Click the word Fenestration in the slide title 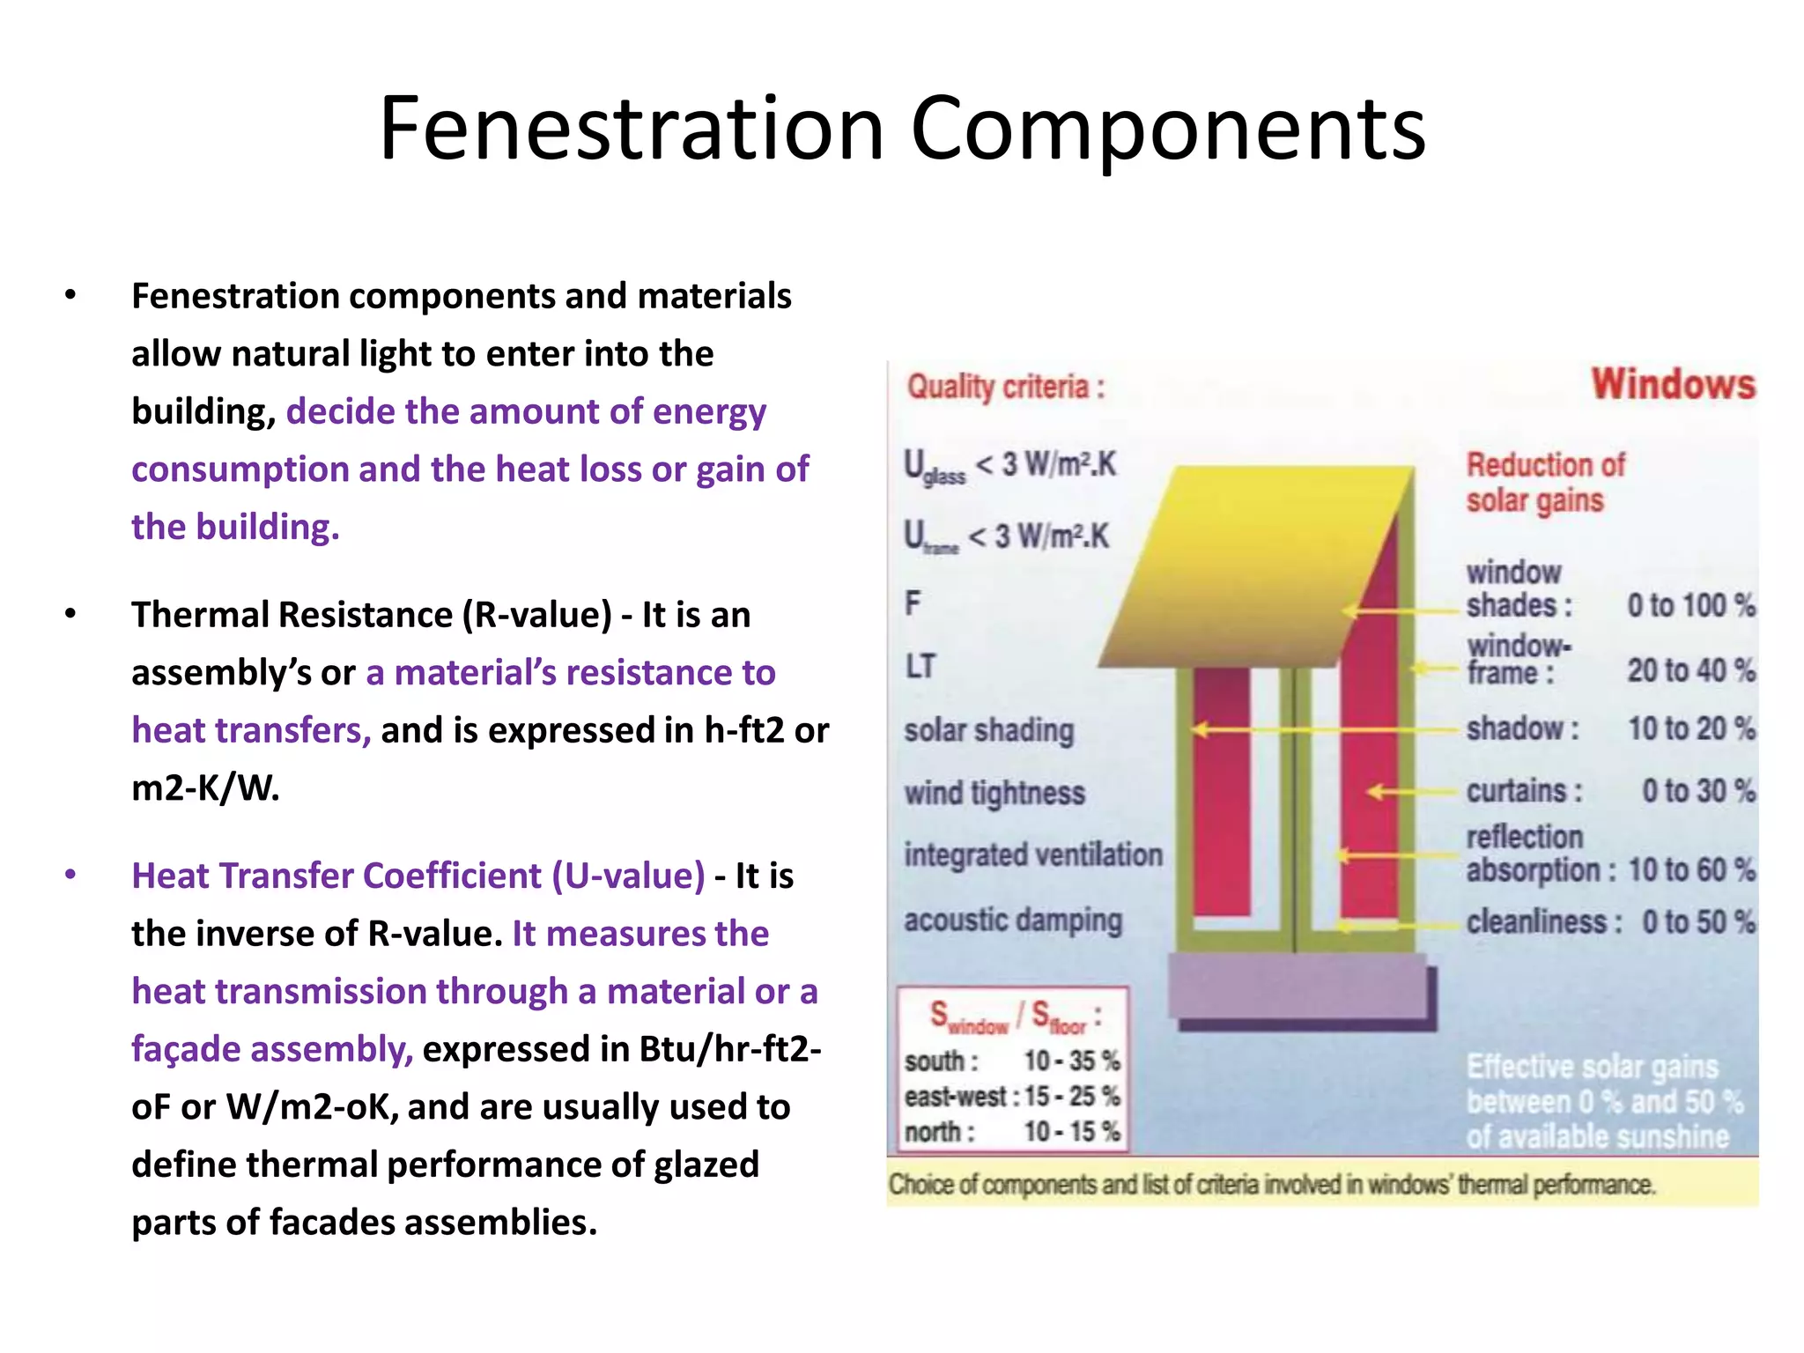631,129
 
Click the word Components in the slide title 1167,129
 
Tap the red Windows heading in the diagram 1672,385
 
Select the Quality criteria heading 1005,388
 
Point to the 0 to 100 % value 1690,606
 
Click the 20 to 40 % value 1690,671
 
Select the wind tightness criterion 994,794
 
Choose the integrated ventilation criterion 1033,855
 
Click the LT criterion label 920,667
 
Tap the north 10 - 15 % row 1012,1131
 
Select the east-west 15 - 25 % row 1012,1097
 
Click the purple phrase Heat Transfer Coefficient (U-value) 418,876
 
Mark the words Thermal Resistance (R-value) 371,615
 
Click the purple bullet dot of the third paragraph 70,876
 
